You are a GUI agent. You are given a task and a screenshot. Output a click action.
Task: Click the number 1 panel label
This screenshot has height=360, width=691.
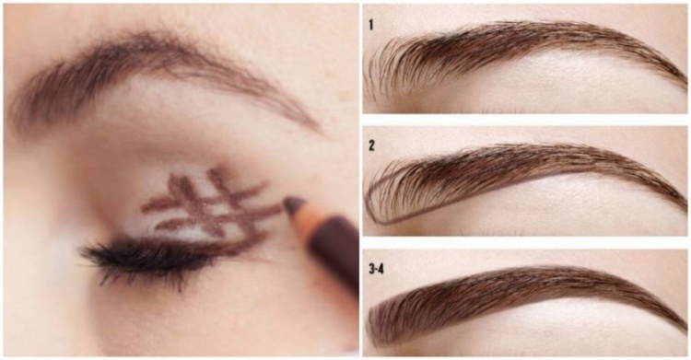(x=371, y=25)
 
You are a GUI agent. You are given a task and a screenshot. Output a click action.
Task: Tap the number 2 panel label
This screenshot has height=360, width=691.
(x=371, y=145)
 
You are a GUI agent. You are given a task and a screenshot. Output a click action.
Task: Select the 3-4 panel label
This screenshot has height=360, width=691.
(x=376, y=268)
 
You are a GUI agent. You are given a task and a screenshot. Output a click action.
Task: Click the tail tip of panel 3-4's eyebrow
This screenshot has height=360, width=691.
(x=685, y=330)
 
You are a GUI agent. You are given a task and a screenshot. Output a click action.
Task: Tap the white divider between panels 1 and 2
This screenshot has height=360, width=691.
(x=525, y=120)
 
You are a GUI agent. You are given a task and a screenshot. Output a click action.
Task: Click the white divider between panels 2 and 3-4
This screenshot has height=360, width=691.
(x=525, y=242)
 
